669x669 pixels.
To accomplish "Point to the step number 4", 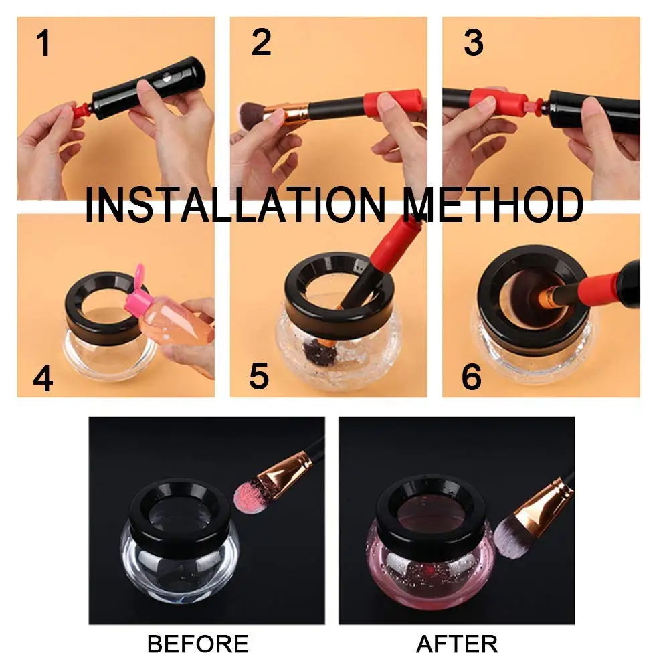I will pos(42,378).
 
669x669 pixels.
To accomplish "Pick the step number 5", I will pos(259,377).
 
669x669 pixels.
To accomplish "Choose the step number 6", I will pos(471,377).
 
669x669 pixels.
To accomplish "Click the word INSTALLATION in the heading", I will pos(234,205).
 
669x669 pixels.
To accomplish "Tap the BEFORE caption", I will pos(197,644).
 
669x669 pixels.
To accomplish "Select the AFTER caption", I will pos(457,644).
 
